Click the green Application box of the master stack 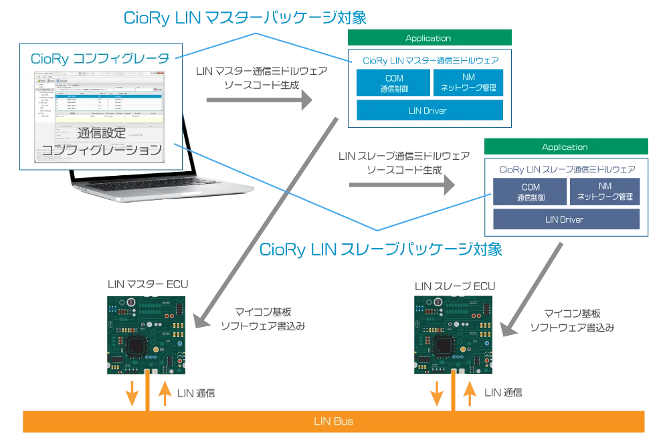tap(429, 38)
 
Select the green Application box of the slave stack tap(565, 147)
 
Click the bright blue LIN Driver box tap(429, 110)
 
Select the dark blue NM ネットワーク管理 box tap(605, 192)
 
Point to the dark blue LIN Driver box tap(565, 219)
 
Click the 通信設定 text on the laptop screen tap(101, 132)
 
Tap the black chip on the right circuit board tap(443, 346)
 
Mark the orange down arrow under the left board tap(132, 394)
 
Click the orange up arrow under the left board tap(165, 393)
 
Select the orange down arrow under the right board tap(437, 394)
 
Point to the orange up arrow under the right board tap(470, 393)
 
